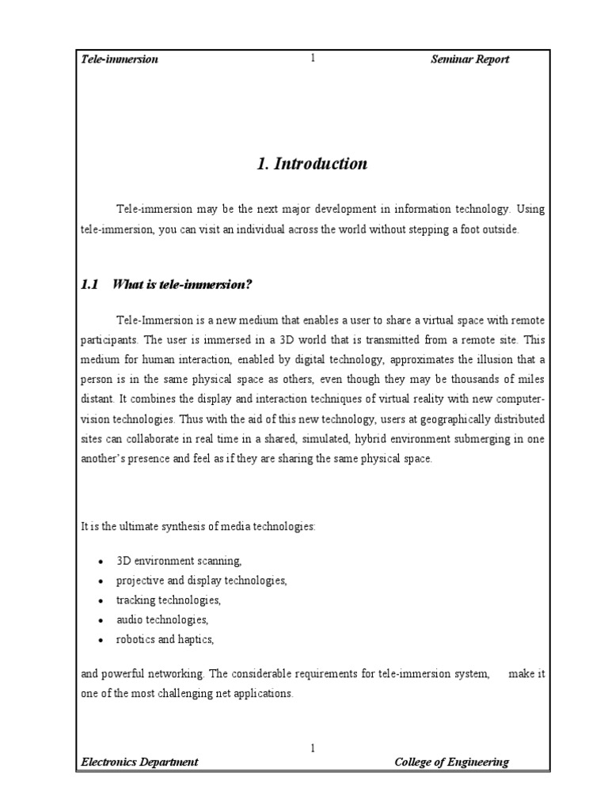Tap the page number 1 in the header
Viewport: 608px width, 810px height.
pyautogui.click(x=313, y=59)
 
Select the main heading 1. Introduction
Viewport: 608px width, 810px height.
pyautogui.click(x=313, y=164)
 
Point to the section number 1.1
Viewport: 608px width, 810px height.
pyautogui.click(x=90, y=285)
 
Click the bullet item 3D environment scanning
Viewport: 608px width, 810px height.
pyautogui.click(x=179, y=561)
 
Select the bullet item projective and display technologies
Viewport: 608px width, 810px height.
pyautogui.click(x=201, y=581)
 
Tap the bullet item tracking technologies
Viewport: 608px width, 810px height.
pyautogui.click(x=169, y=600)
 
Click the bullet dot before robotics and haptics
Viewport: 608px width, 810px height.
pyautogui.click(x=100, y=639)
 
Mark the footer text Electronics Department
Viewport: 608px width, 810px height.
pyautogui.click(x=140, y=762)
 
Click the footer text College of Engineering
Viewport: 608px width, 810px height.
pyautogui.click(x=451, y=762)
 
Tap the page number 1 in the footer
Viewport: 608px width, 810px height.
pyautogui.click(x=313, y=747)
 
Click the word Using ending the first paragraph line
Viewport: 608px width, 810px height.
pyautogui.click(x=531, y=209)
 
